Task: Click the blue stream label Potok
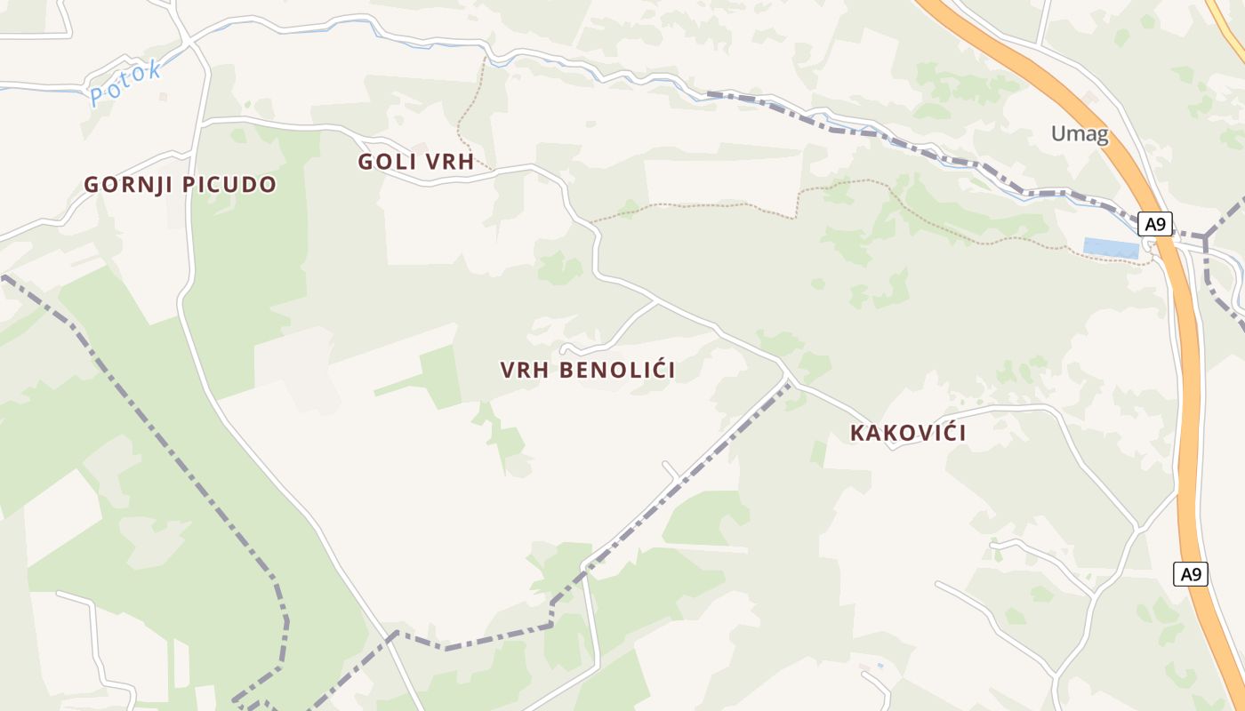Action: point(125,83)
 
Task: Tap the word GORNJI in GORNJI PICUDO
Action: point(127,185)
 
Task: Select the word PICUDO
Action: point(229,185)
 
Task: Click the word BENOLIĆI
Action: point(617,371)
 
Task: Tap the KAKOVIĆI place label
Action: point(908,434)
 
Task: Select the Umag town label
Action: point(1080,134)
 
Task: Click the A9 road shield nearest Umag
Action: point(1154,224)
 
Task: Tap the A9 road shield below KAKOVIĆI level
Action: point(1191,574)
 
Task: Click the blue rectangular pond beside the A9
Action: point(1111,248)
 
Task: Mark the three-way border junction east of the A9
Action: point(1206,236)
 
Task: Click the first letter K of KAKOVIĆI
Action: point(857,434)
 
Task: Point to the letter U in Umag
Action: point(1058,134)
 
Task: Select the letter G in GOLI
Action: point(365,162)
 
